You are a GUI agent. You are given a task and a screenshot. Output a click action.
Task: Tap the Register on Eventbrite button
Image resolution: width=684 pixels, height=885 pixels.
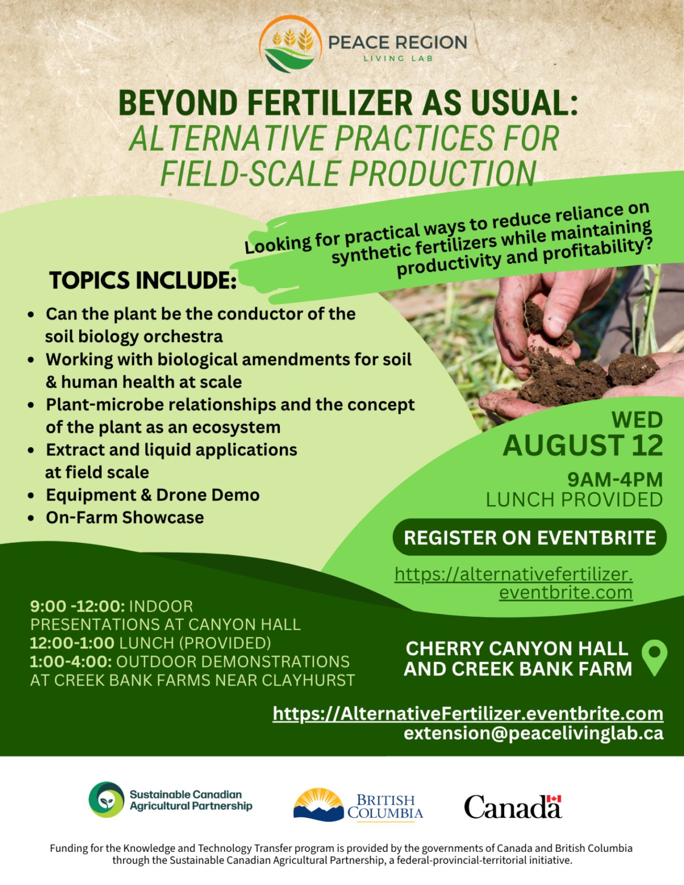(x=530, y=537)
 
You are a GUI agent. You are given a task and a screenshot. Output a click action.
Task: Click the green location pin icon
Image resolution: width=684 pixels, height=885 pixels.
(x=654, y=657)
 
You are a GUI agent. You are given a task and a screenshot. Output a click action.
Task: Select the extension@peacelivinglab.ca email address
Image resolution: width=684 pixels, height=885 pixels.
(x=533, y=733)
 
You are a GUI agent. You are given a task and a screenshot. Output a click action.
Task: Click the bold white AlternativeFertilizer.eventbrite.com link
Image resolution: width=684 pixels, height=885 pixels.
(x=468, y=713)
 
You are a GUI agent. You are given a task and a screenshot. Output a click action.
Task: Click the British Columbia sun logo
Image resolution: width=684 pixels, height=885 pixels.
(x=318, y=805)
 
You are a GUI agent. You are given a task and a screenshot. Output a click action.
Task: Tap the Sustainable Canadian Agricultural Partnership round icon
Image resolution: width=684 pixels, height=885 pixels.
(x=106, y=800)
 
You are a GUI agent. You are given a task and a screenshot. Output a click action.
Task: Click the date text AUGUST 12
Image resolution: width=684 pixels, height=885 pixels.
(x=583, y=446)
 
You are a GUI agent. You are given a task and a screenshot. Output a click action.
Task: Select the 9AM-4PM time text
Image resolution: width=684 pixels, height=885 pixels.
(x=615, y=480)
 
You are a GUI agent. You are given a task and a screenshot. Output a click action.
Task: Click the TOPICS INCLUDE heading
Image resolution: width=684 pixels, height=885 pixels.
(x=143, y=280)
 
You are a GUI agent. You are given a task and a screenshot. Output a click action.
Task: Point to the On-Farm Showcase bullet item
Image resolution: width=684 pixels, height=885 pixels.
(x=125, y=517)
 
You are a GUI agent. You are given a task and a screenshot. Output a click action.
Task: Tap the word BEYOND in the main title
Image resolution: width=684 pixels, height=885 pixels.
(x=178, y=103)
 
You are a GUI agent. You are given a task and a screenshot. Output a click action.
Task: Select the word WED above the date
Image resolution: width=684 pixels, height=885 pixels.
(x=637, y=420)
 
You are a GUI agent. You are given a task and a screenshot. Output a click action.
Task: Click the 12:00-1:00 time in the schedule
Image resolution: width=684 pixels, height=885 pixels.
(x=72, y=643)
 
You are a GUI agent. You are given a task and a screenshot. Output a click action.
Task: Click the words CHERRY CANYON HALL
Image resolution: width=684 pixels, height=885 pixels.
(x=517, y=648)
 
